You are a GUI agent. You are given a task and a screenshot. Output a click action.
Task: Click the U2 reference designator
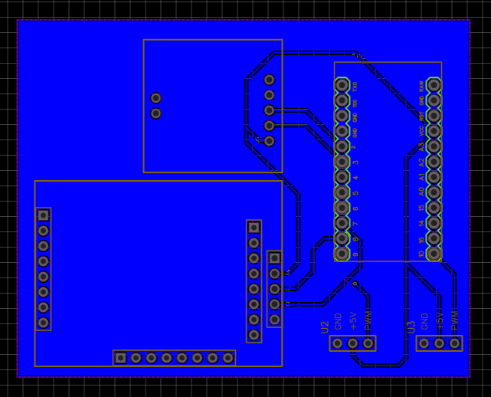325,326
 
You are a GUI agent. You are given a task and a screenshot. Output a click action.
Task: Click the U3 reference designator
411,326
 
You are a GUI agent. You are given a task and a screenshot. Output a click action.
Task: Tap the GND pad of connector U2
338,343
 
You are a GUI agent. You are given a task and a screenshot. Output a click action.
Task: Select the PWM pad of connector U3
455,343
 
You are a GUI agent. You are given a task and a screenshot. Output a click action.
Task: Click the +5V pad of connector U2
353,343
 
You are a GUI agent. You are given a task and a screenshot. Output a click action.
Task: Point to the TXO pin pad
342,85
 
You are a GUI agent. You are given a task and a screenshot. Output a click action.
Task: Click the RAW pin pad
434,85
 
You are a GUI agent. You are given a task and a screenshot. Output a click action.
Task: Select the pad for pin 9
342,254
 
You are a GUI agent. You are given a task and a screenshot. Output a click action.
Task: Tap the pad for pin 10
434,254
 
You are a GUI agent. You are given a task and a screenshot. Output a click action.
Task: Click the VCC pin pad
434,131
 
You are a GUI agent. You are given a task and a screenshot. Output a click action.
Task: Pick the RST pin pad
434,116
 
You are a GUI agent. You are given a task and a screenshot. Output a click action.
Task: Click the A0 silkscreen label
421,193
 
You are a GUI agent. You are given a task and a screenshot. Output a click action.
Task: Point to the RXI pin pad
342,100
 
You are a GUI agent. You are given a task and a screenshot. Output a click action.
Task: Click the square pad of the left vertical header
44,215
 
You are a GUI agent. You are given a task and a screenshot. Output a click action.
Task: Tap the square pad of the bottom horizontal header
120,358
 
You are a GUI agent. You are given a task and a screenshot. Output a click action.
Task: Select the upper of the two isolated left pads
156,98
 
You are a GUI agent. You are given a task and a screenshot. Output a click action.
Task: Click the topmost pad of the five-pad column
270,80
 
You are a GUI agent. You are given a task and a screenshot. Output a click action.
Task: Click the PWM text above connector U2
368,320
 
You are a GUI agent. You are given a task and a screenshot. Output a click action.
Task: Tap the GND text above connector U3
424,320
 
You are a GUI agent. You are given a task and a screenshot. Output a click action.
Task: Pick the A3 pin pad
434,146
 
